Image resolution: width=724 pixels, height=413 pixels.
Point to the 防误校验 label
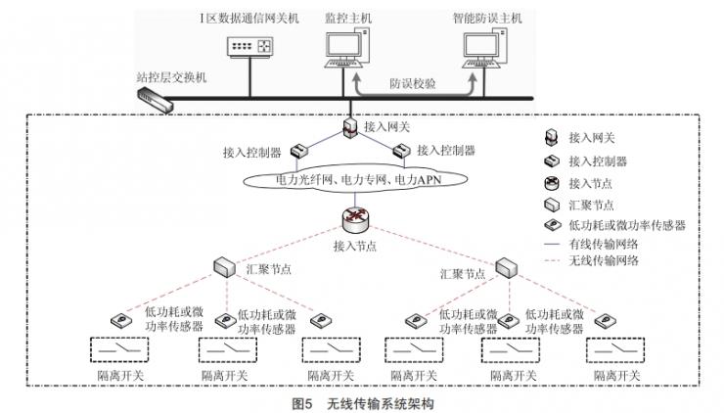point(413,84)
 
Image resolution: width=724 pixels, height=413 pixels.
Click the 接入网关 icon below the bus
point(348,126)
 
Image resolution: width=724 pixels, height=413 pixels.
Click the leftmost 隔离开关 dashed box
point(121,350)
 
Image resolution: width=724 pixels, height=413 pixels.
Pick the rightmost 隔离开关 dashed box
point(614,350)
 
